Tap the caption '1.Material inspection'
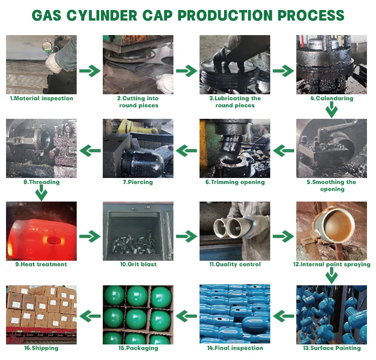tap(42, 98)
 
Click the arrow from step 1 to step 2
tap(90, 71)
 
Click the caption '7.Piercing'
tap(138, 182)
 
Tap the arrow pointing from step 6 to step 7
tap(186, 149)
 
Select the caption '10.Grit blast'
tap(138, 264)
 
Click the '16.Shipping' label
tap(42, 348)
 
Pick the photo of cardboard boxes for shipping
tap(42, 314)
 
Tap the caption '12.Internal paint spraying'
tap(331, 264)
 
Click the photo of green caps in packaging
tap(138, 314)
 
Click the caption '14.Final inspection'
tap(235, 348)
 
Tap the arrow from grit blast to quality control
tap(186, 235)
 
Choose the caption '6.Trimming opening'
tap(235, 182)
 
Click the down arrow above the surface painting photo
tap(331, 276)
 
